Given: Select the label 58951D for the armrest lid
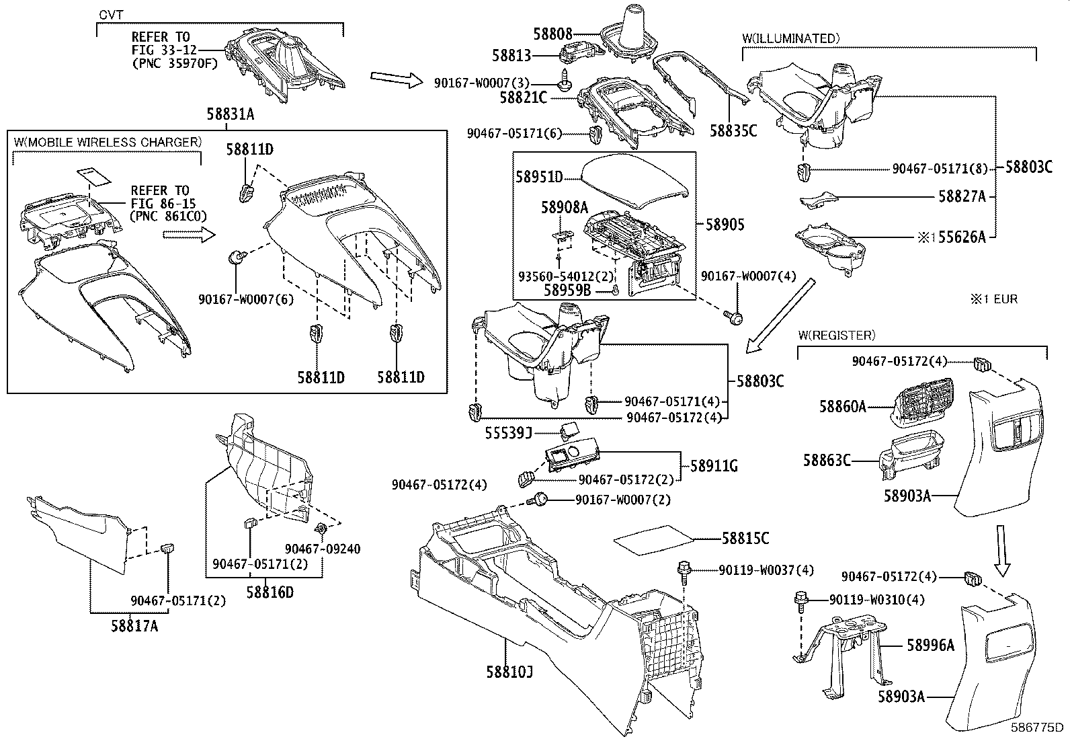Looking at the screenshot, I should pyautogui.click(x=539, y=177).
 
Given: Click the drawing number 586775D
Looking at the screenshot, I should pyautogui.click(x=1038, y=728).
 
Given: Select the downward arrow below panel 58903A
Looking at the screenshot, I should pyautogui.click(x=1002, y=551).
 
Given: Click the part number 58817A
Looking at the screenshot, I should pyautogui.click(x=134, y=626).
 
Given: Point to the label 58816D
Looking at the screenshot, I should pyautogui.click(x=270, y=592).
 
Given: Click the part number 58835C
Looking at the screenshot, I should pyautogui.click(x=734, y=130).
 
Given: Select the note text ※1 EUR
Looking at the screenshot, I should pyautogui.click(x=993, y=299).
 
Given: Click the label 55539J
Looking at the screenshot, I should pyautogui.click(x=509, y=434).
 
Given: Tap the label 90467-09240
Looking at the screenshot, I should pyautogui.click(x=323, y=549).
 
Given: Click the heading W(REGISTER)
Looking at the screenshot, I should pyautogui.click(x=837, y=334).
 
